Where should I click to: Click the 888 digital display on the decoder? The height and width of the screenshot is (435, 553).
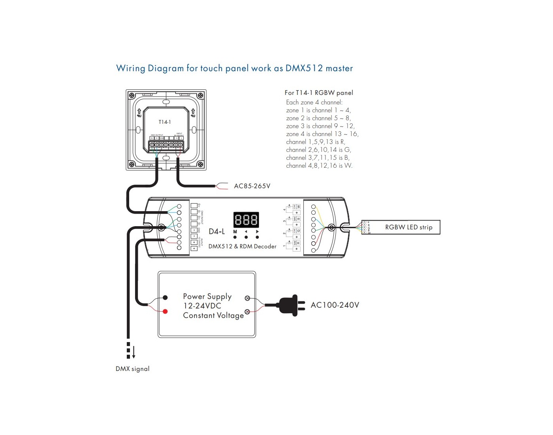tap(246, 219)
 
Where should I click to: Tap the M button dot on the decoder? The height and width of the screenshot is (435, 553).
tap(235, 237)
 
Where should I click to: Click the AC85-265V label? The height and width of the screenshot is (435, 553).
tap(252, 186)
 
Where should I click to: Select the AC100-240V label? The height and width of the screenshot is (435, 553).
tap(335, 305)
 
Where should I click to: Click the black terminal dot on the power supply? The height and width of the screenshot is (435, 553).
tap(165, 297)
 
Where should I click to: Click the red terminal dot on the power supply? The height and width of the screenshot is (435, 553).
tap(165, 312)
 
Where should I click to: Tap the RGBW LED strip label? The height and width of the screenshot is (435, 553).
tap(409, 227)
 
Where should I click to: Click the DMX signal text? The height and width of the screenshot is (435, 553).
tap(132, 369)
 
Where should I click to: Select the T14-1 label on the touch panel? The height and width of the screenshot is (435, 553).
tap(165, 122)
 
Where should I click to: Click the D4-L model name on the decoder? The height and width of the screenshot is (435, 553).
tap(217, 231)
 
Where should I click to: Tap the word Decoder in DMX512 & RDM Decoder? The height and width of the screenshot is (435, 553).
tap(265, 246)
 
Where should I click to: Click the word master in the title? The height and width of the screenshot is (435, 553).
tap(339, 68)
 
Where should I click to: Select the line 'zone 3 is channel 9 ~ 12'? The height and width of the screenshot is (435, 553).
tap(320, 126)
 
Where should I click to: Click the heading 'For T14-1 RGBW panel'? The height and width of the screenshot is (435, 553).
tap(319, 93)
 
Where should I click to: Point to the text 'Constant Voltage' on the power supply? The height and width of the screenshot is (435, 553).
tap(213, 315)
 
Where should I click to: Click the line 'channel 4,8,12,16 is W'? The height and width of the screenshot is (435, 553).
tap(319, 166)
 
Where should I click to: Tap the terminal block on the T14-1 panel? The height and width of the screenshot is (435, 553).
tap(166, 145)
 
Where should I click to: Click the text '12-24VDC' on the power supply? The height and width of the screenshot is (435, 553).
tap(202, 306)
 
